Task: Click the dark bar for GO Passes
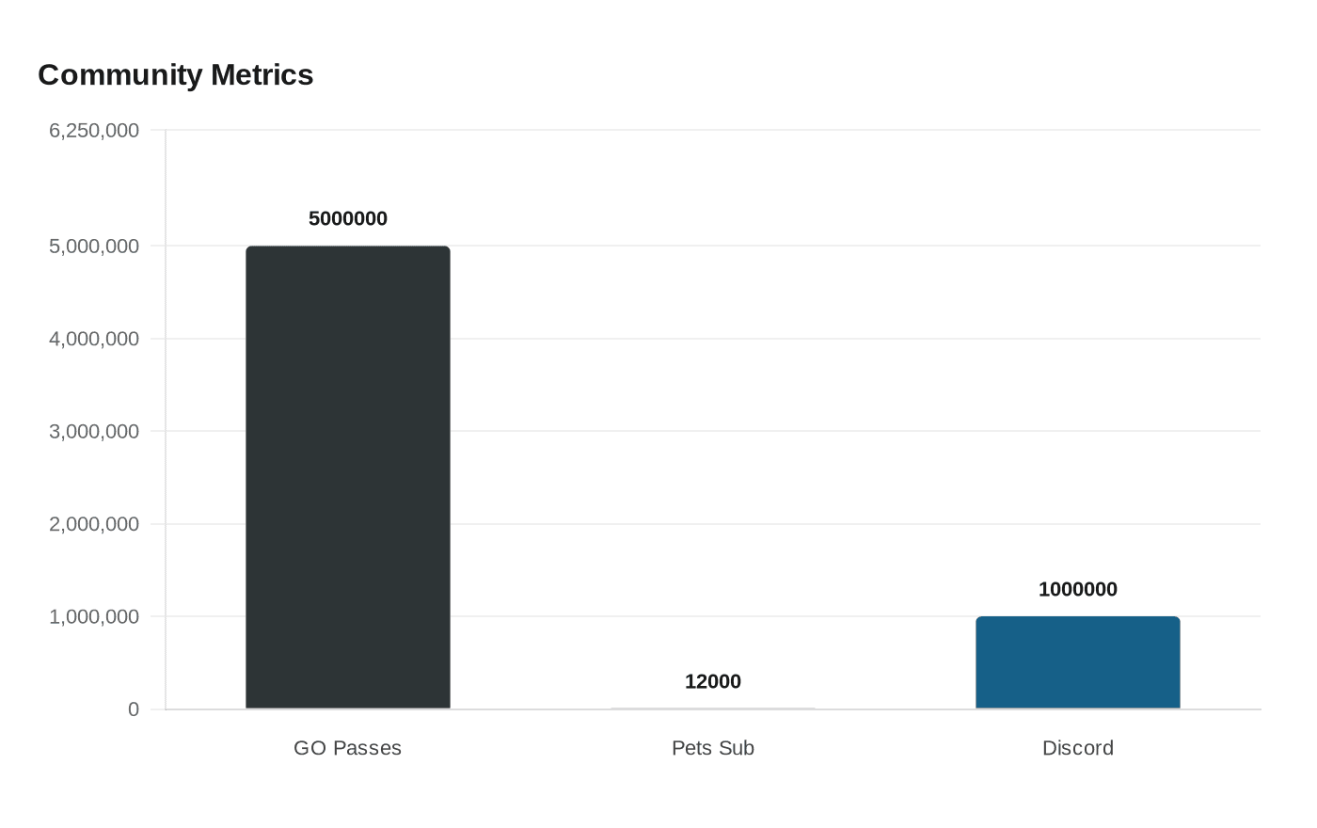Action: point(348,477)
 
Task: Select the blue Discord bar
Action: point(1077,662)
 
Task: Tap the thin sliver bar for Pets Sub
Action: point(713,709)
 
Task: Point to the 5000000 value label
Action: point(348,218)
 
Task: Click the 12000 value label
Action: point(713,681)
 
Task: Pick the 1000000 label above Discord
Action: point(1077,589)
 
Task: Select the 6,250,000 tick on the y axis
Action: point(94,130)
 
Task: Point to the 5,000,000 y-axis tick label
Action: point(94,246)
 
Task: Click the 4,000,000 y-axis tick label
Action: point(94,338)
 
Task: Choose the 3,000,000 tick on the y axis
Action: point(94,431)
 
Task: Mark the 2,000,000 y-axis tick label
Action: point(94,523)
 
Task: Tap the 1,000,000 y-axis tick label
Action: point(94,616)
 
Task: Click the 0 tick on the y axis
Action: point(134,709)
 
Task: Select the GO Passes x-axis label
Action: point(347,748)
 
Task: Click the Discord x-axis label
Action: point(1077,748)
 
